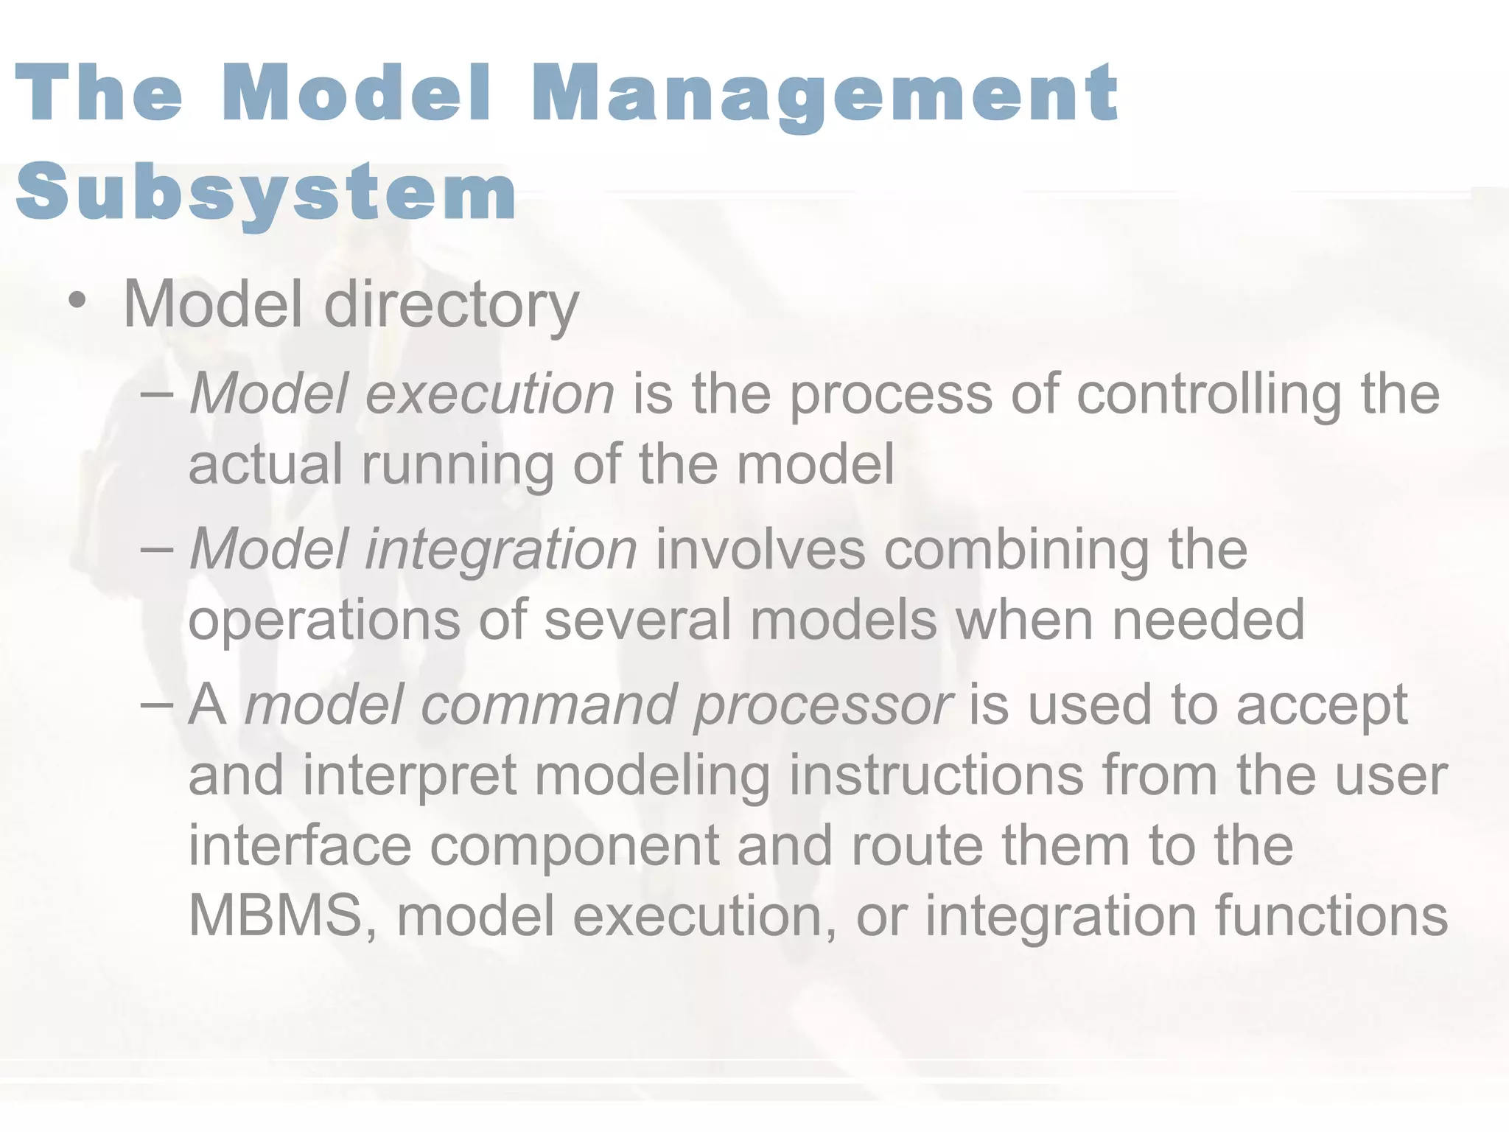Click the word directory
point(451,304)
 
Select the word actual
point(265,464)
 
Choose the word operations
point(324,621)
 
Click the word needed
point(1208,620)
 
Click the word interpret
point(409,777)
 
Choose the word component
point(574,847)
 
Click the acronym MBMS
point(284,916)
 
